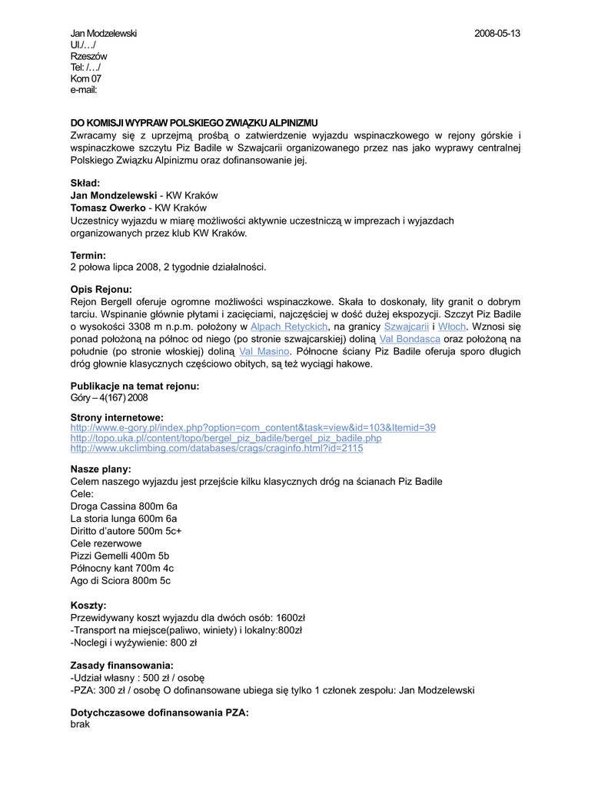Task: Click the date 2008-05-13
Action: click(x=497, y=34)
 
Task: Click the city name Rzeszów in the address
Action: click(x=88, y=56)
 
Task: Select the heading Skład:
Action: click(x=85, y=183)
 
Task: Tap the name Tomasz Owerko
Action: click(x=108, y=208)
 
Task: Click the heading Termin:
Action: click(x=88, y=255)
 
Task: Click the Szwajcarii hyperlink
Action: click(x=406, y=327)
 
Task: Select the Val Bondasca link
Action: click(x=410, y=339)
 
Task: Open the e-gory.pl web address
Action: click(x=253, y=427)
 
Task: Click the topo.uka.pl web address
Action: click(x=226, y=438)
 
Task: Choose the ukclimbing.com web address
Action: click(x=217, y=449)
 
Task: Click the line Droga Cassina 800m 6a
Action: click(x=124, y=506)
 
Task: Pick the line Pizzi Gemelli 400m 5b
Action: click(x=120, y=556)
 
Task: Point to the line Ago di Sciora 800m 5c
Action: click(x=121, y=580)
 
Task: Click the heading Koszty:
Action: click(x=88, y=606)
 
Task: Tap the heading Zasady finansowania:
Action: click(x=121, y=665)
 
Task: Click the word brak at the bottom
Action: click(x=80, y=724)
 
